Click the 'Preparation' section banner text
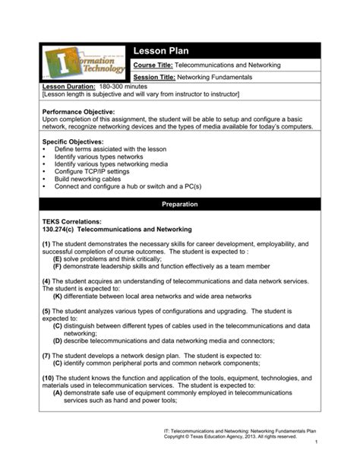click(180, 204)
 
